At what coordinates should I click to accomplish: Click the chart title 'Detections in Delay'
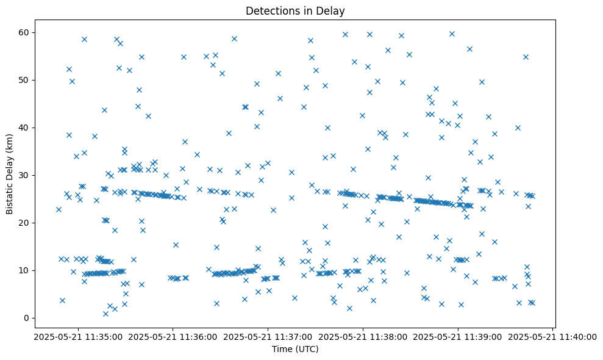(295, 10)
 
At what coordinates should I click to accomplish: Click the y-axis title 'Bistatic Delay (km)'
(10, 173)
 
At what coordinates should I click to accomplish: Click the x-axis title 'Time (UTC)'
(295, 349)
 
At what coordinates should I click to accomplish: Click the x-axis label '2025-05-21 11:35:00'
(77, 336)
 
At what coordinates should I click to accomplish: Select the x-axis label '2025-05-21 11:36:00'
(173, 336)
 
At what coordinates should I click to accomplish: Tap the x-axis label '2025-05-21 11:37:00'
(268, 336)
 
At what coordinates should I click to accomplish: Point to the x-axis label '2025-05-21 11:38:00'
(363, 336)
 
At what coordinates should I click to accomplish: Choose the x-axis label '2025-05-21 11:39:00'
(458, 336)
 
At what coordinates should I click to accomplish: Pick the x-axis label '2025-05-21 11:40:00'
(552, 336)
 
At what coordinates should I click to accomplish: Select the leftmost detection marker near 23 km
(59, 209)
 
